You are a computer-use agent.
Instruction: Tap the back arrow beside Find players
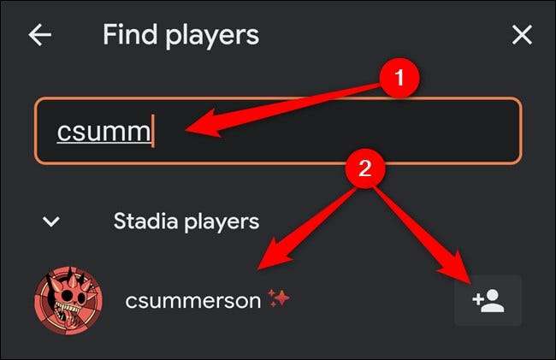click(39, 35)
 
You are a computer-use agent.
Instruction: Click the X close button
click(522, 35)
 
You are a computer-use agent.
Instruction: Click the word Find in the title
click(130, 34)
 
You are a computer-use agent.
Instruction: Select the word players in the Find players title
click(212, 37)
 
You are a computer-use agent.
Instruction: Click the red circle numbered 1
click(399, 78)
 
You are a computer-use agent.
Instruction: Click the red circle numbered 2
click(365, 168)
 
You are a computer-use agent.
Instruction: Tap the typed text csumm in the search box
click(104, 132)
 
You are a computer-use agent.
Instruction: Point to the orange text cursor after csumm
click(153, 131)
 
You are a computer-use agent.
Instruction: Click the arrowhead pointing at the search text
click(204, 125)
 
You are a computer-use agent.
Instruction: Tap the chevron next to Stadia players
click(51, 221)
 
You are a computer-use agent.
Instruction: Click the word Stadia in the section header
click(145, 221)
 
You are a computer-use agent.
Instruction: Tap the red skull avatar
click(68, 300)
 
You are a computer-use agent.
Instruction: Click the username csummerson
click(193, 301)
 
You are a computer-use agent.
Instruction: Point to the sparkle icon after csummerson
click(279, 298)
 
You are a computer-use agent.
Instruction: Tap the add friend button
click(488, 300)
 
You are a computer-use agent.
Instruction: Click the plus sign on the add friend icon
click(478, 299)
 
